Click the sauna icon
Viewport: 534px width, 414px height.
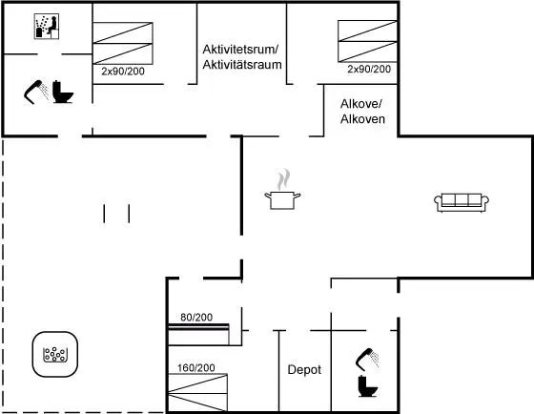47,27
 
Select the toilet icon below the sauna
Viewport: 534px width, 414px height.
62,92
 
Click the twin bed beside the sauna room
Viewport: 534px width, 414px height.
123,43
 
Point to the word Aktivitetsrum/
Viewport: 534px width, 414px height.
240,49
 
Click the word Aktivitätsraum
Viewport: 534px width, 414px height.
242,65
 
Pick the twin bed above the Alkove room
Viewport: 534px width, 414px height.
367,41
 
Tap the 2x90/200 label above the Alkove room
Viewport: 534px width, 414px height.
369,70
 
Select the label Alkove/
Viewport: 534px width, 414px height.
361,104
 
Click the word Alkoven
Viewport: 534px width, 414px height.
362,119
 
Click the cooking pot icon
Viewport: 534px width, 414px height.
282,190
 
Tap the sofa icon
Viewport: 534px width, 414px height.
462,203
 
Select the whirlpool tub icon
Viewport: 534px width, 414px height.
55,354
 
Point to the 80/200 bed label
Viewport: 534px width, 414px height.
196,318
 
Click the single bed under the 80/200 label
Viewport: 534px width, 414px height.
198,335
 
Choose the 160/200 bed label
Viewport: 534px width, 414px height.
196,367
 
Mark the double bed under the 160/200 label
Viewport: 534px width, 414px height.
198,392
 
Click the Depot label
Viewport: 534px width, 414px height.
304,370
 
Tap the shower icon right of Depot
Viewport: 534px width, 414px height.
367,360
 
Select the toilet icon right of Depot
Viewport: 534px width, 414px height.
367,386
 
